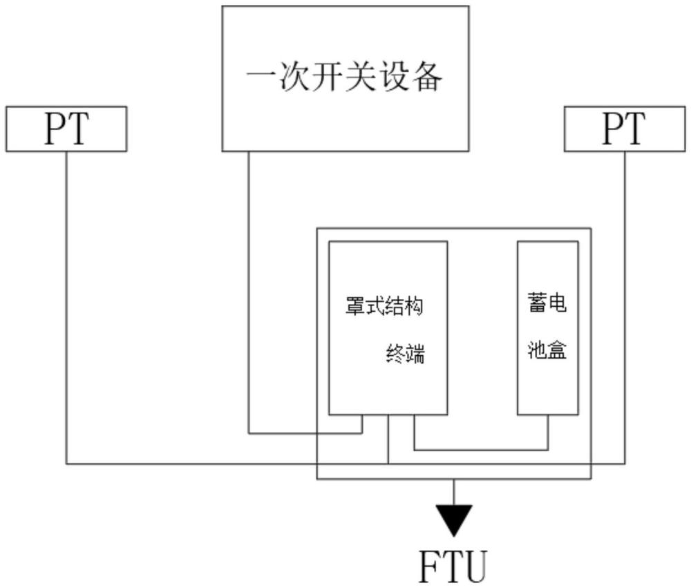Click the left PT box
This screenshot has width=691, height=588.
click(x=66, y=129)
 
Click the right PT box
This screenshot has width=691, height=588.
click(x=625, y=129)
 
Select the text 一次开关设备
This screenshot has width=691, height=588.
click(x=345, y=78)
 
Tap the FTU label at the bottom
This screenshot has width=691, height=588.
click(x=453, y=567)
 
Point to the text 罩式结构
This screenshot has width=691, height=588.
click(x=385, y=307)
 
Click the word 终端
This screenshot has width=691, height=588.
click(x=404, y=356)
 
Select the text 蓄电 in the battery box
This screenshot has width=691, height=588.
click(x=547, y=303)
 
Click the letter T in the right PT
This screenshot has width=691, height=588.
click(x=635, y=129)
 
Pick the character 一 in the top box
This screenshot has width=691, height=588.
click(x=258, y=78)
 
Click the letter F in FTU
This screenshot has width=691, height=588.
click(x=428, y=567)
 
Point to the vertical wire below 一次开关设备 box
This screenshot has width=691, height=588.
click(x=249, y=290)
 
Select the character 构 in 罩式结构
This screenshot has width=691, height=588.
click(x=415, y=307)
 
